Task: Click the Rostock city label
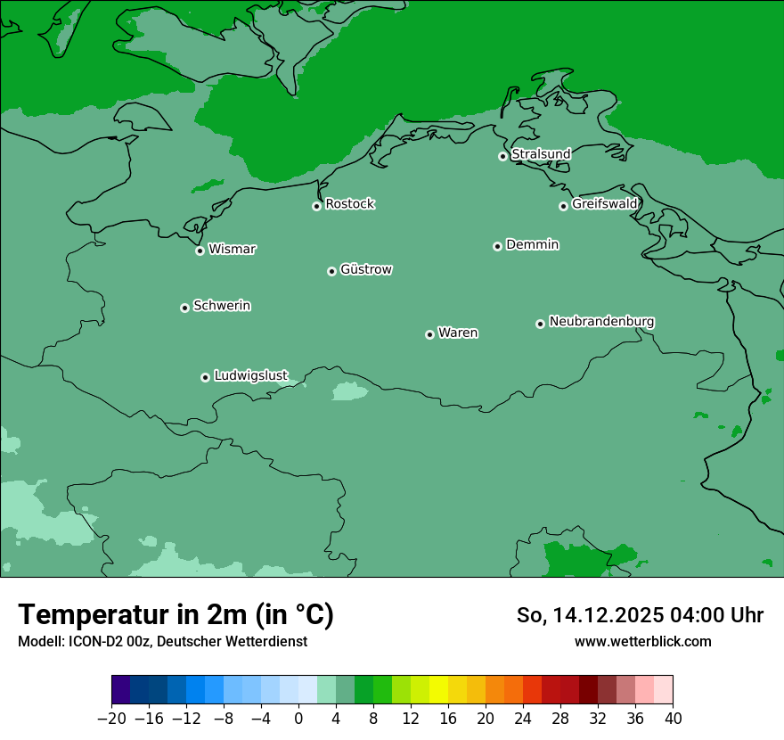(x=349, y=204)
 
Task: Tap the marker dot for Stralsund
(x=502, y=156)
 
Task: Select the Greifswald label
(x=604, y=204)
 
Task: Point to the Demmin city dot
(x=497, y=246)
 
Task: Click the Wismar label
(x=232, y=250)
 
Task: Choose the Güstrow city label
(x=366, y=269)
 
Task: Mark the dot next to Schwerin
(x=184, y=308)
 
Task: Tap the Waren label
(x=458, y=333)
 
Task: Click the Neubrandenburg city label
(x=601, y=322)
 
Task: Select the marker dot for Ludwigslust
(x=205, y=377)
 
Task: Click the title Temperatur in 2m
(x=176, y=615)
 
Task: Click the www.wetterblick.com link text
(x=642, y=641)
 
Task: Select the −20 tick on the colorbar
(x=111, y=719)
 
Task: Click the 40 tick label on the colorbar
(x=673, y=719)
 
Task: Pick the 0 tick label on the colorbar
(x=298, y=719)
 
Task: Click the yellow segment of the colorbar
(x=438, y=690)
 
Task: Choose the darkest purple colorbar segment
(x=120, y=690)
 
